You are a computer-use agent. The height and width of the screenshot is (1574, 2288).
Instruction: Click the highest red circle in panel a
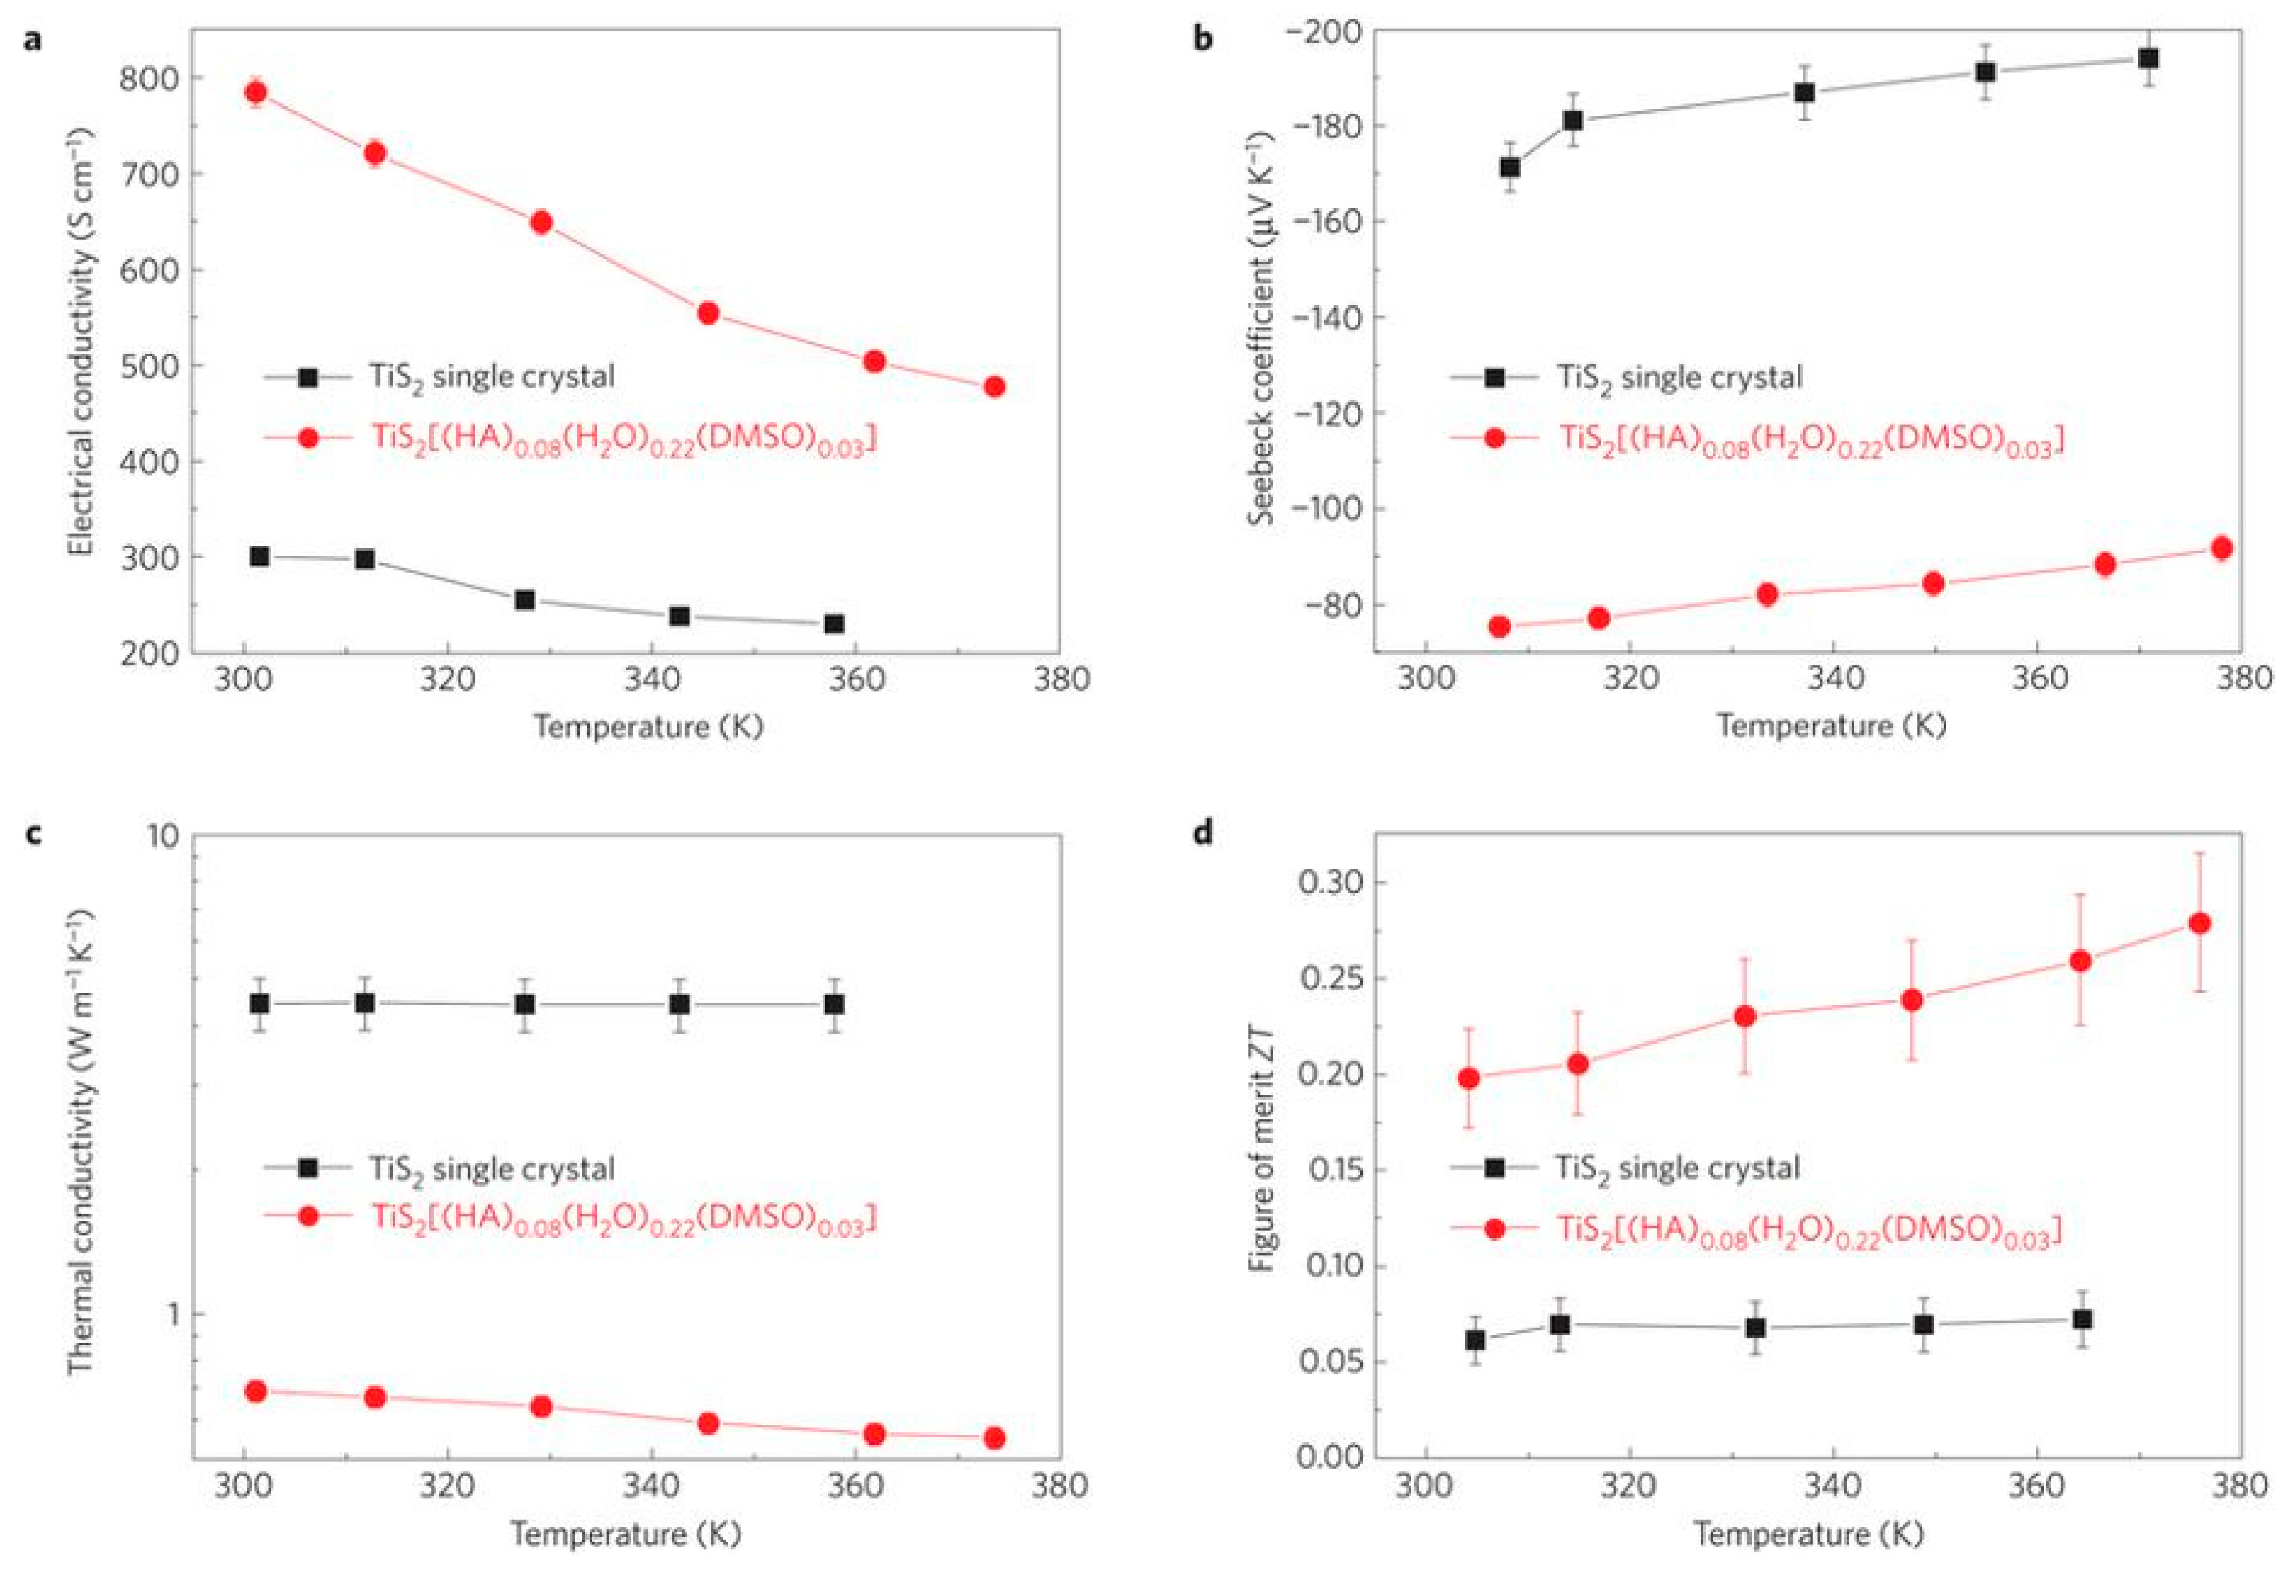(255, 93)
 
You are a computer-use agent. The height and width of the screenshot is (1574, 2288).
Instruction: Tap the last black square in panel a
(835, 623)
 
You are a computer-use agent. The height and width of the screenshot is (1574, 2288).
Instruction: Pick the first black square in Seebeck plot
(1509, 167)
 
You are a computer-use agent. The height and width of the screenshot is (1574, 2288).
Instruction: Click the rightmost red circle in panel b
(2222, 548)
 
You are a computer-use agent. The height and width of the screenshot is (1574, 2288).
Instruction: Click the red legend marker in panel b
(1495, 438)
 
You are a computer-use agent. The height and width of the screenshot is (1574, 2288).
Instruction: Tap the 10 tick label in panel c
(163, 837)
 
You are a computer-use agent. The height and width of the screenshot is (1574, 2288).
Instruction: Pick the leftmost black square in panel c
(260, 1004)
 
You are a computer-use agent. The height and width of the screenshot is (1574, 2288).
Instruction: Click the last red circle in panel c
(994, 1438)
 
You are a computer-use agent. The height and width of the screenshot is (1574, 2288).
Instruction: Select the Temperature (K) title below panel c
(626, 1534)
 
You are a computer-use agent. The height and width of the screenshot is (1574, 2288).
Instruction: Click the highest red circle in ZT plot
(2200, 923)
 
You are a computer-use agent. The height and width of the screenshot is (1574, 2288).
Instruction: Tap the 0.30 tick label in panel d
(1332, 882)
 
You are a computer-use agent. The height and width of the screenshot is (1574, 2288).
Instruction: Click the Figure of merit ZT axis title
(1262, 1147)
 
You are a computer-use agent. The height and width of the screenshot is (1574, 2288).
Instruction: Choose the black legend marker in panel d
(1495, 1168)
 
